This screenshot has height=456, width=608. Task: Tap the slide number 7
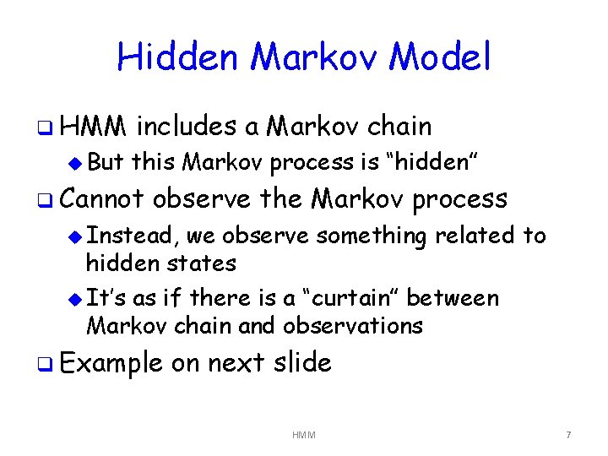click(568, 435)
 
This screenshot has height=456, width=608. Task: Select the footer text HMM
click(304, 435)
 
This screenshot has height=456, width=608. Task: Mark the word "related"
click(474, 236)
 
